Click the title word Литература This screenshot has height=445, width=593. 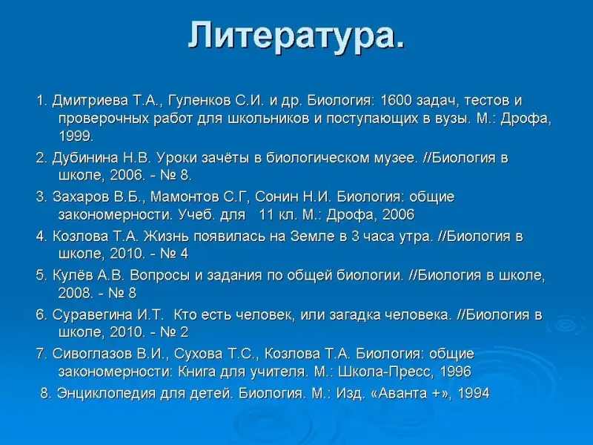click(296, 35)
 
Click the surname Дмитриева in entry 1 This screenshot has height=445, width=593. click(90, 101)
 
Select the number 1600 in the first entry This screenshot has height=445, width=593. click(396, 101)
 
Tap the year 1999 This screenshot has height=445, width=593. click(76, 136)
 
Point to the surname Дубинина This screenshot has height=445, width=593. click(85, 158)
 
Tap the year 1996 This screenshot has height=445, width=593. click(456, 372)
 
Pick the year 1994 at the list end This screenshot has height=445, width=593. click(474, 394)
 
